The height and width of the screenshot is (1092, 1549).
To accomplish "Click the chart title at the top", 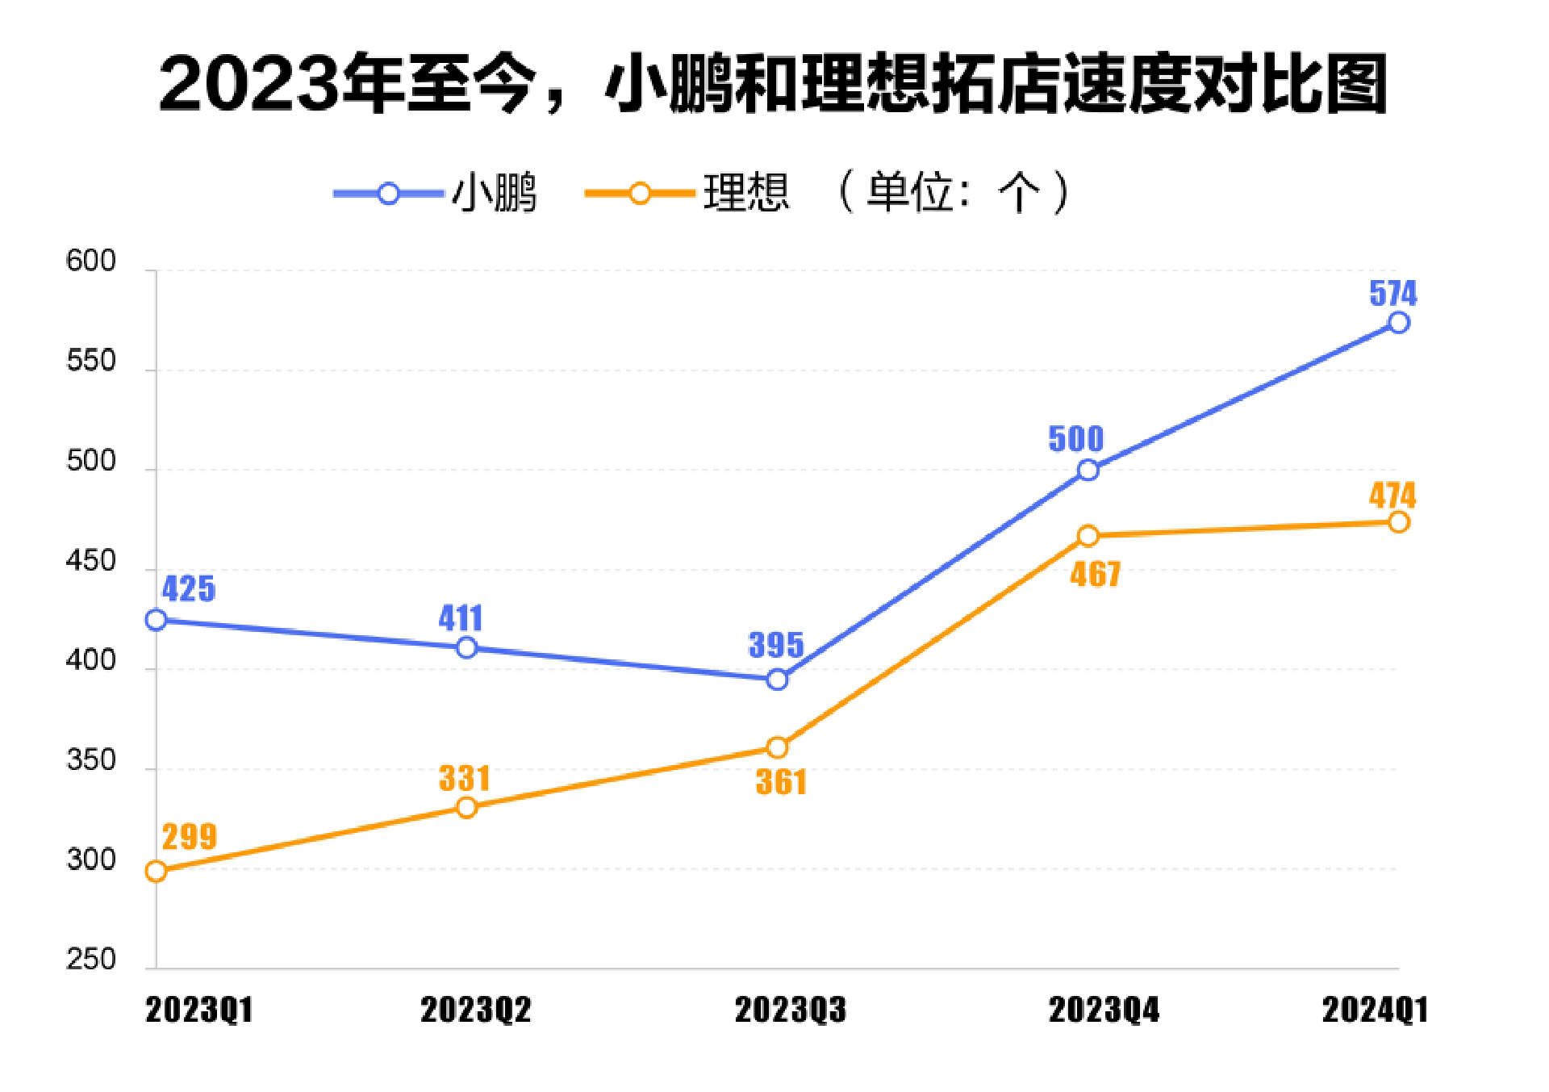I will coord(773,84).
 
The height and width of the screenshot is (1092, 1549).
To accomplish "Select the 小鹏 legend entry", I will coord(436,193).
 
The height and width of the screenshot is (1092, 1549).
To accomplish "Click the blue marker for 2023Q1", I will coord(157,620).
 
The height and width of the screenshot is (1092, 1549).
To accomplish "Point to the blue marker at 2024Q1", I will coord(1398,323).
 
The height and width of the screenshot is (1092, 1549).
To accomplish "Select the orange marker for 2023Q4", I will coord(1088,536).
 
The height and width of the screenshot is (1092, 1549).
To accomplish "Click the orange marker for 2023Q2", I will coord(466,807).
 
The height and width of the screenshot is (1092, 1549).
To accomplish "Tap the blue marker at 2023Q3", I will coord(777,680).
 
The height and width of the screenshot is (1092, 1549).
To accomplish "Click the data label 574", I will coord(1392,293).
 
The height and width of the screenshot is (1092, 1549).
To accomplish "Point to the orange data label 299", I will coord(190,837).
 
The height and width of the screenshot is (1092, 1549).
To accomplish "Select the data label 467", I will coord(1096,575).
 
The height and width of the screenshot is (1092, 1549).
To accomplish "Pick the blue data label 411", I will coord(461,618).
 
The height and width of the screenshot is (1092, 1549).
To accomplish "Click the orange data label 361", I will coord(781,782).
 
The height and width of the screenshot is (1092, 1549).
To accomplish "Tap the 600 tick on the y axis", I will coord(91,261).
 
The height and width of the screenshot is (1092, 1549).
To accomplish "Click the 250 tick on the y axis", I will coord(91,960).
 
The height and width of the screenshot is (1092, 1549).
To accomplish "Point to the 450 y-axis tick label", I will coord(91,561).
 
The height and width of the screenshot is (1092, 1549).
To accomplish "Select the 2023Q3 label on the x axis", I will coord(790,1010).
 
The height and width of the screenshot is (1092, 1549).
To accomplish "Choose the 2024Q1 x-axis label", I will coord(1375,1010).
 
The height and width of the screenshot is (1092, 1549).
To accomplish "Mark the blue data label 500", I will coord(1075,439).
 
